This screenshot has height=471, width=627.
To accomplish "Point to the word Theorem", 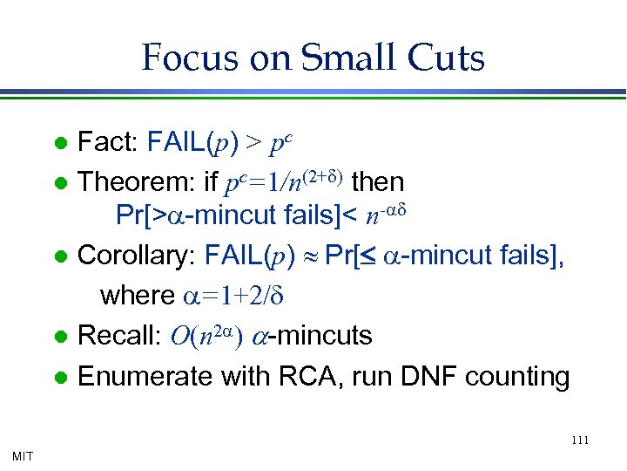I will (x=136, y=182).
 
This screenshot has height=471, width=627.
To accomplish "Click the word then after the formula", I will (x=377, y=182).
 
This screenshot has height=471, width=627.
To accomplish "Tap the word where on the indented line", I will (x=137, y=296).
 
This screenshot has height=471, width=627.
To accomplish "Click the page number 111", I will (x=581, y=440).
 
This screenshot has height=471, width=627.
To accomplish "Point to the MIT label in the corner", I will (x=24, y=455).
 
